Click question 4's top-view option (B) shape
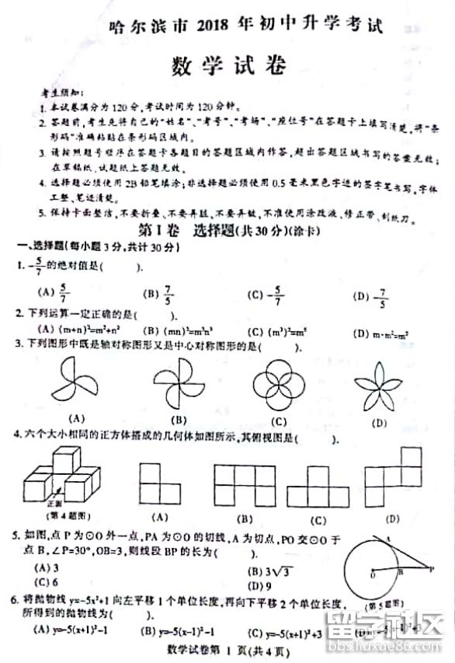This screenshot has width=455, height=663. click(245, 483)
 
